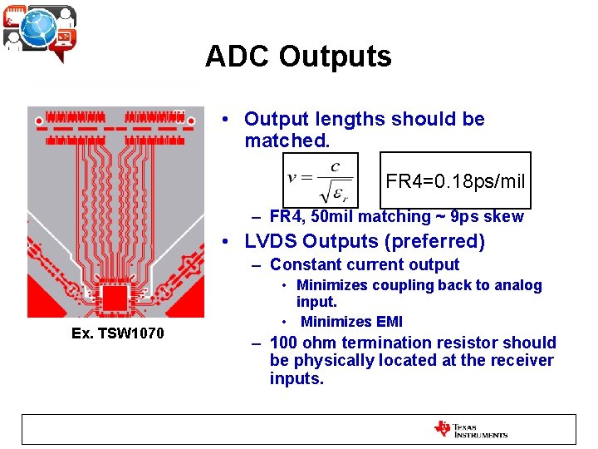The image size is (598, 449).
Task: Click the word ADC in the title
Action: (238, 57)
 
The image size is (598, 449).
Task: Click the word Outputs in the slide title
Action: (335, 57)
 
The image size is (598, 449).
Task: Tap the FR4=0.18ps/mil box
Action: (455, 180)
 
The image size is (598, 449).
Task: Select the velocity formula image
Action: (321, 180)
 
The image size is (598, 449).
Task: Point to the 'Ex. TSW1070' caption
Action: (118, 333)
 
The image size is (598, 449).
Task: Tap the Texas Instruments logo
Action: (470, 429)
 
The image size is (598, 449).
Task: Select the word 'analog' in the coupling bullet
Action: (517, 285)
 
